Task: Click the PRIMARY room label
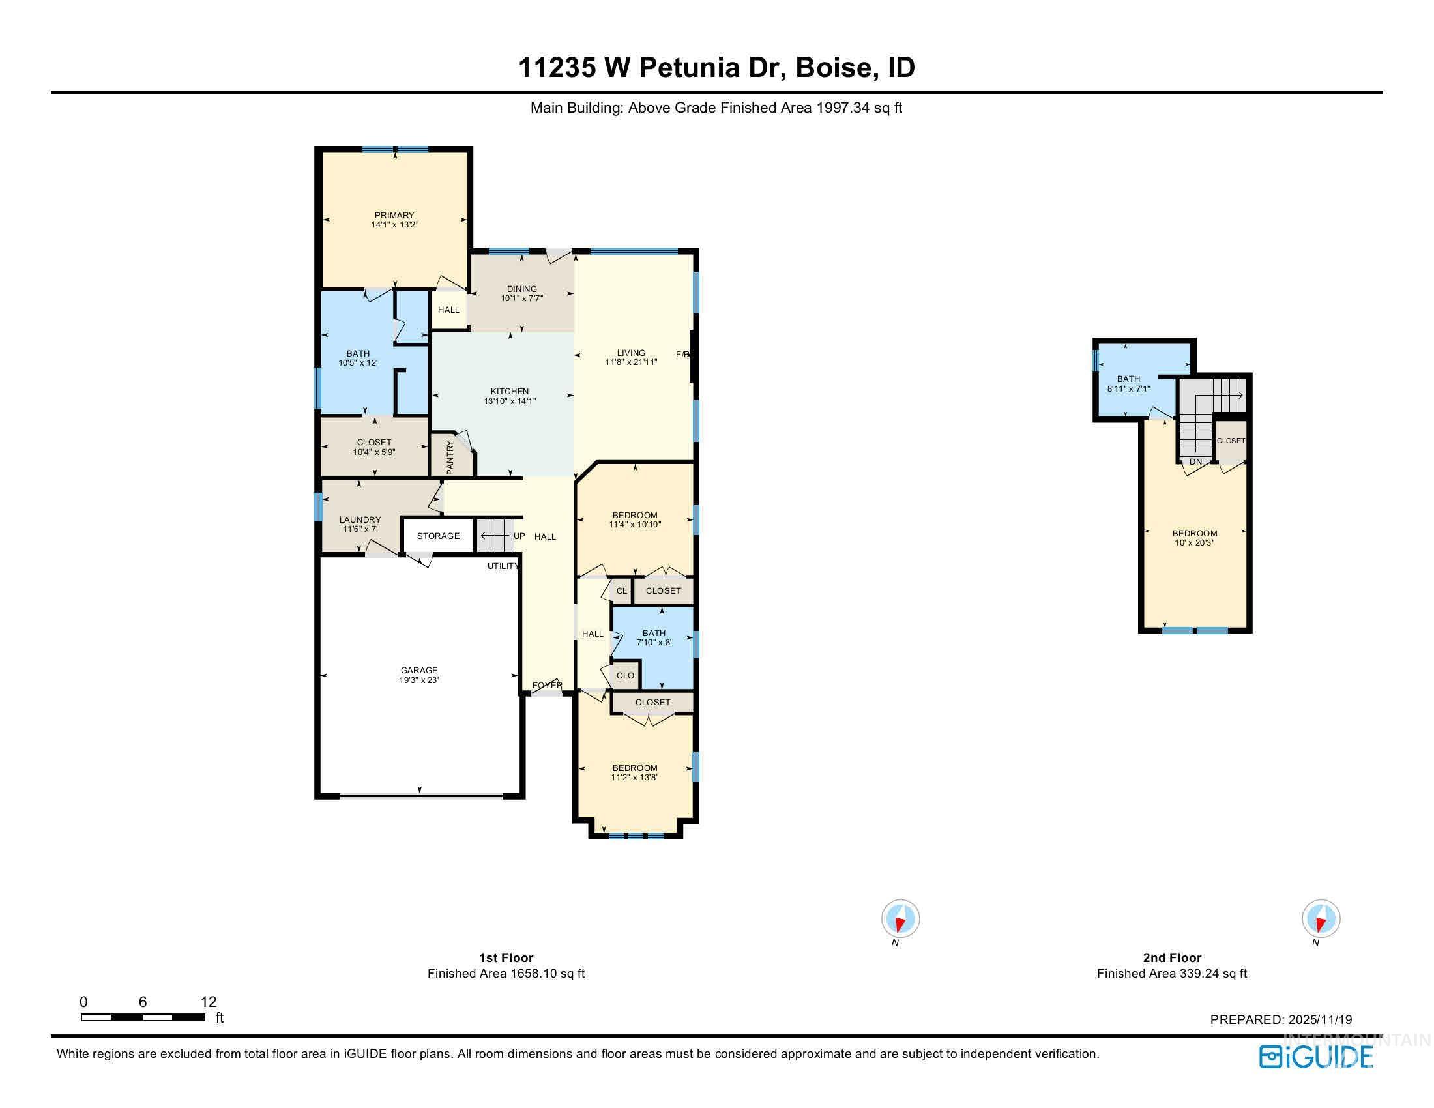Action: tap(394, 215)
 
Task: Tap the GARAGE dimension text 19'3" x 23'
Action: tap(419, 680)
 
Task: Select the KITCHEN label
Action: tap(510, 391)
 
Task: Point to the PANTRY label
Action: tap(450, 458)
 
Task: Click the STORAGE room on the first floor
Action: tap(438, 536)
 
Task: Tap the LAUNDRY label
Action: tap(360, 519)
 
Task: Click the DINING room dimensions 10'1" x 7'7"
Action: tap(521, 298)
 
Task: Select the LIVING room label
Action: tap(631, 353)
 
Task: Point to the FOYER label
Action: tap(547, 685)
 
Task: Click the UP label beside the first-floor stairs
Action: tap(519, 536)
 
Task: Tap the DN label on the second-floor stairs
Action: tap(1195, 461)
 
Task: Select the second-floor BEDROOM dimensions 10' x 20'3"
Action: tap(1194, 543)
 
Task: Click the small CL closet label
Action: tap(621, 590)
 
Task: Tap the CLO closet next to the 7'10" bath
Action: tap(625, 675)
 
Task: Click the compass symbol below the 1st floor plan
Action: tap(900, 918)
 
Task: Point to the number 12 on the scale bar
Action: tap(208, 1001)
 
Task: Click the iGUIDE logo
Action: tap(1316, 1056)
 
